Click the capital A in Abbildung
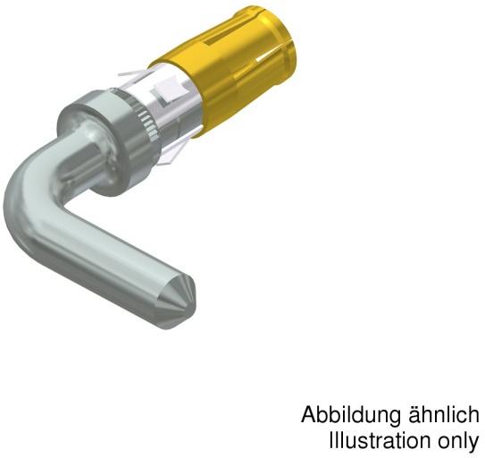pyautogui.click(x=309, y=416)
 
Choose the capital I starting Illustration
pyautogui.click(x=331, y=442)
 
